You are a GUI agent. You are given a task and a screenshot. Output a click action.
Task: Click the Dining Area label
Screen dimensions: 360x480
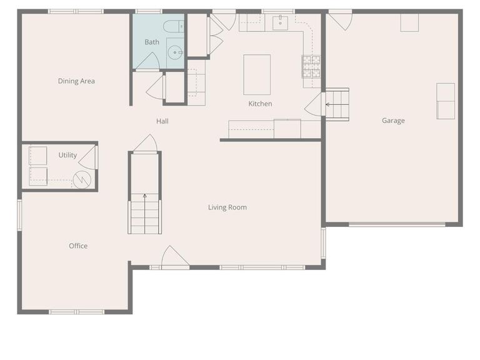point(76,81)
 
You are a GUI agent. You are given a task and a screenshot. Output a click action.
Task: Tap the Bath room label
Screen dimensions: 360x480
point(152,42)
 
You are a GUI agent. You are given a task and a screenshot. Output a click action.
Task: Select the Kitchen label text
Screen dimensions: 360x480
point(260,104)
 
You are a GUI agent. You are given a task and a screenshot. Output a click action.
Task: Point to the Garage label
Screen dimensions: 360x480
point(393,121)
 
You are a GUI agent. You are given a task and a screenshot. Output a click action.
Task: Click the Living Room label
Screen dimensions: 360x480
point(227,207)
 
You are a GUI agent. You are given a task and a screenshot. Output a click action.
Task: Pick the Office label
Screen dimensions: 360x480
point(78,246)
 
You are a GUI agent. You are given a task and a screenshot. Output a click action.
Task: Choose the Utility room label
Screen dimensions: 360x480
point(67,155)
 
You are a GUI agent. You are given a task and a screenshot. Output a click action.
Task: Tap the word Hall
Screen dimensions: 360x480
point(162,121)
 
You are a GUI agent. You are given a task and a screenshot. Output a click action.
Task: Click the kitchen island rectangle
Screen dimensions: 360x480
point(257,74)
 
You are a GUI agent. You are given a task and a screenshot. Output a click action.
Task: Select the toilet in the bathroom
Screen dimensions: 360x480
point(172,26)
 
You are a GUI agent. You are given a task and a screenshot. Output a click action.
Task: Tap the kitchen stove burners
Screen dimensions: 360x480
point(311,66)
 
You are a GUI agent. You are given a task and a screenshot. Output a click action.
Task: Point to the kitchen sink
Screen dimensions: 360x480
point(280,24)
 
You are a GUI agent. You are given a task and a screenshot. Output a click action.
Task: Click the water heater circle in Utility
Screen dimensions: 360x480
point(82,179)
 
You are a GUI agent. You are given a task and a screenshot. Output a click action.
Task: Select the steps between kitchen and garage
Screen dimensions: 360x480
point(337,103)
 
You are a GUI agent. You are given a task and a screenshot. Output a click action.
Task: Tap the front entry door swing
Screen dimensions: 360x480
point(174,257)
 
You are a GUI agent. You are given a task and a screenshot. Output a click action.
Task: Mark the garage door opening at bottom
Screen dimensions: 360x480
point(397,224)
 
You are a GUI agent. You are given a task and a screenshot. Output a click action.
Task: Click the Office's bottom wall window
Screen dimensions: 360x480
point(76,311)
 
